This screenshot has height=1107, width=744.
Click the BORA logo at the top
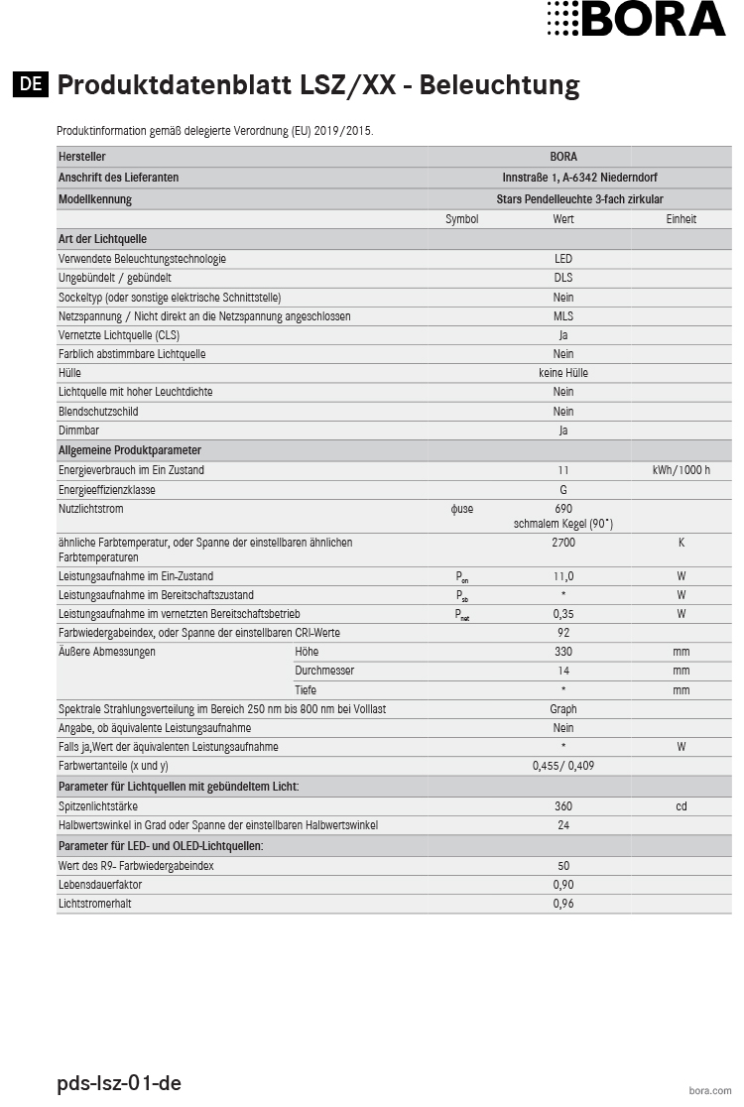(x=636, y=19)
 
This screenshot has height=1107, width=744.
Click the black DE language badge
(x=31, y=84)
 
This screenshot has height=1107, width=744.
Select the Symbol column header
(x=461, y=219)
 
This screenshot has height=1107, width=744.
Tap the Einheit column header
(x=681, y=219)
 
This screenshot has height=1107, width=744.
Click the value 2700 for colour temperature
(x=563, y=543)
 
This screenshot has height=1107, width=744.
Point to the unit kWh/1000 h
(x=681, y=470)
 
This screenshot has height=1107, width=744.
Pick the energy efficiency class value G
(x=563, y=490)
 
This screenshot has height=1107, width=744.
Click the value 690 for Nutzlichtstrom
(x=563, y=509)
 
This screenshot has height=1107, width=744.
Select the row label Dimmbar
(x=78, y=430)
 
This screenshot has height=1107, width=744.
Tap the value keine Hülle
(x=563, y=373)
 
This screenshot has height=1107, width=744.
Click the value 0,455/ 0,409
(x=563, y=766)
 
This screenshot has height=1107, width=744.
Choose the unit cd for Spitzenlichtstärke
(x=681, y=806)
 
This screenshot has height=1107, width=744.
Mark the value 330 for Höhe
(x=563, y=652)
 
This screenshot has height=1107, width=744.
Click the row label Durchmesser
(x=324, y=671)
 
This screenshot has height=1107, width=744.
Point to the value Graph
(x=563, y=709)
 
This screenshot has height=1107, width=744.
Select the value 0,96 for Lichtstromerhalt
(x=563, y=905)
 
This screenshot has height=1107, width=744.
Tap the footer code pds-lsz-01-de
(x=119, y=1083)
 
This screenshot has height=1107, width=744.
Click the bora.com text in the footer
(x=709, y=1089)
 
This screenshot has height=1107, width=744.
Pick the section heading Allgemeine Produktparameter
(x=130, y=450)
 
